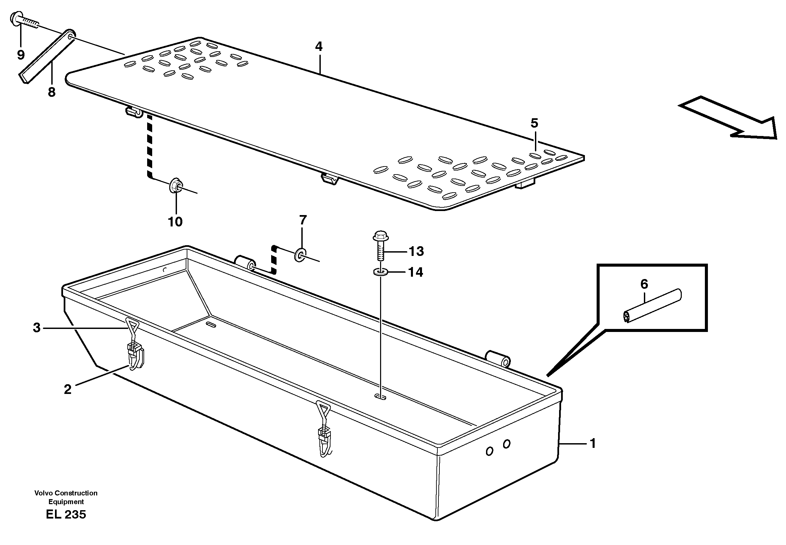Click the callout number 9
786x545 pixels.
click(x=21, y=55)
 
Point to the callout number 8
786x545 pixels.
click(x=51, y=92)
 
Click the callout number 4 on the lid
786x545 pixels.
click(x=318, y=47)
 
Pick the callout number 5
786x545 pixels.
click(x=534, y=123)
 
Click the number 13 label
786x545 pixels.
click(x=416, y=251)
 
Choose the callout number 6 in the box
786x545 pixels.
click(x=644, y=284)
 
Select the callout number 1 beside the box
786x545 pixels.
click(x=593, y=443)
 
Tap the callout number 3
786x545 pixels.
click(x=37, y=328)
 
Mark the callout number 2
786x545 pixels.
click(x=68, y=389)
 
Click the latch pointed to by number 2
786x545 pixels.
click(x=136, y=357)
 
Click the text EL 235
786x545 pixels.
click(x=66, y=514)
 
